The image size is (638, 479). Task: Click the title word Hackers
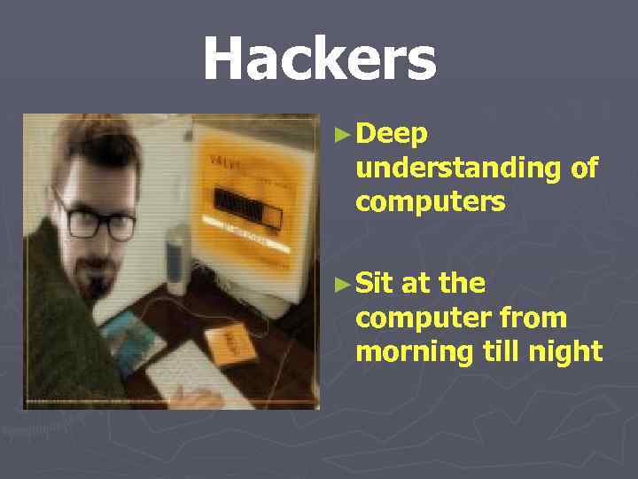point(319,59)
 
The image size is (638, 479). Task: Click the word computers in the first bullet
point(430,202)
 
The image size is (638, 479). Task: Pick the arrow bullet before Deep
point(344,136)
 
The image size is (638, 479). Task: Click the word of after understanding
point(584,168)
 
